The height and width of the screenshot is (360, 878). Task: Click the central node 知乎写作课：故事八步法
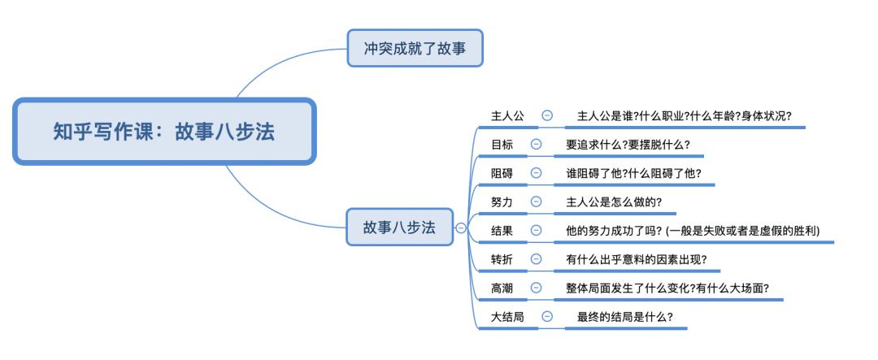coord(163,132)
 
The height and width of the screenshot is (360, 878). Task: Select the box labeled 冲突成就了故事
coord(415,49)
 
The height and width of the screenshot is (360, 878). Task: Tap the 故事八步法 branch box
coord(399,228)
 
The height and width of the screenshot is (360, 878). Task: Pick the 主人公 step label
coord(507,115)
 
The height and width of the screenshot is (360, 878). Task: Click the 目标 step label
coord(502,144)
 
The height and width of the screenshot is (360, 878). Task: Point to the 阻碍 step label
coord(502,172)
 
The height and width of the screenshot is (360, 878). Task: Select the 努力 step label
coord(502,201)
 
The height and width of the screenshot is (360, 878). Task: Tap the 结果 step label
coord(502,230)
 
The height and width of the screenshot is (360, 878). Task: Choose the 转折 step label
coord(502,258)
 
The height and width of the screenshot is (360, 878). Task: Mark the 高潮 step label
coord(502,287)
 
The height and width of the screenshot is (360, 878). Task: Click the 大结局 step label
coord(507,316)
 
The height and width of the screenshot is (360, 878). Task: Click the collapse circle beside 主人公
coord(547,115)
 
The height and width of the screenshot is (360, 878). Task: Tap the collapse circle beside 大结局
coord(547,316)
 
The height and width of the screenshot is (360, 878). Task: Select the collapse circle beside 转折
coord(536,258)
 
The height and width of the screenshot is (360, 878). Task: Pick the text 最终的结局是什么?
coord(625,316)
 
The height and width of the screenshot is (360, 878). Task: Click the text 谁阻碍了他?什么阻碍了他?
coord(633,172)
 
